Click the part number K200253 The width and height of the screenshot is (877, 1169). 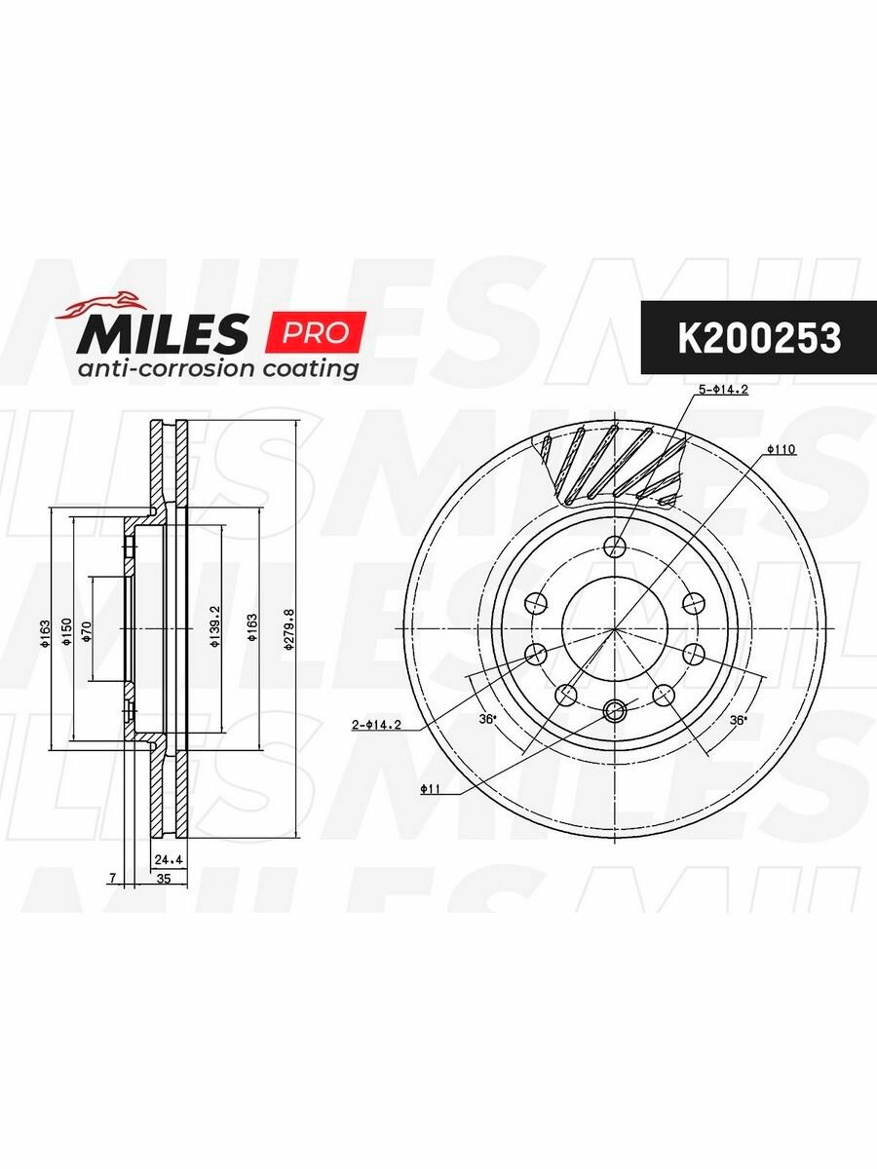759,338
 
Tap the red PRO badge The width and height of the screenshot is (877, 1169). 319,332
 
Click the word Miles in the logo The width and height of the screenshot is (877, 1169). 163,333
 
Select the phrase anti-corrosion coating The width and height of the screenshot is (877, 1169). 217,369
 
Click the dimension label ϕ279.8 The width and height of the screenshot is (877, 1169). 288,630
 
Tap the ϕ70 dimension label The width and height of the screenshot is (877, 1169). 87,630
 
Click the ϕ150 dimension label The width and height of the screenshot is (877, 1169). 66,631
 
